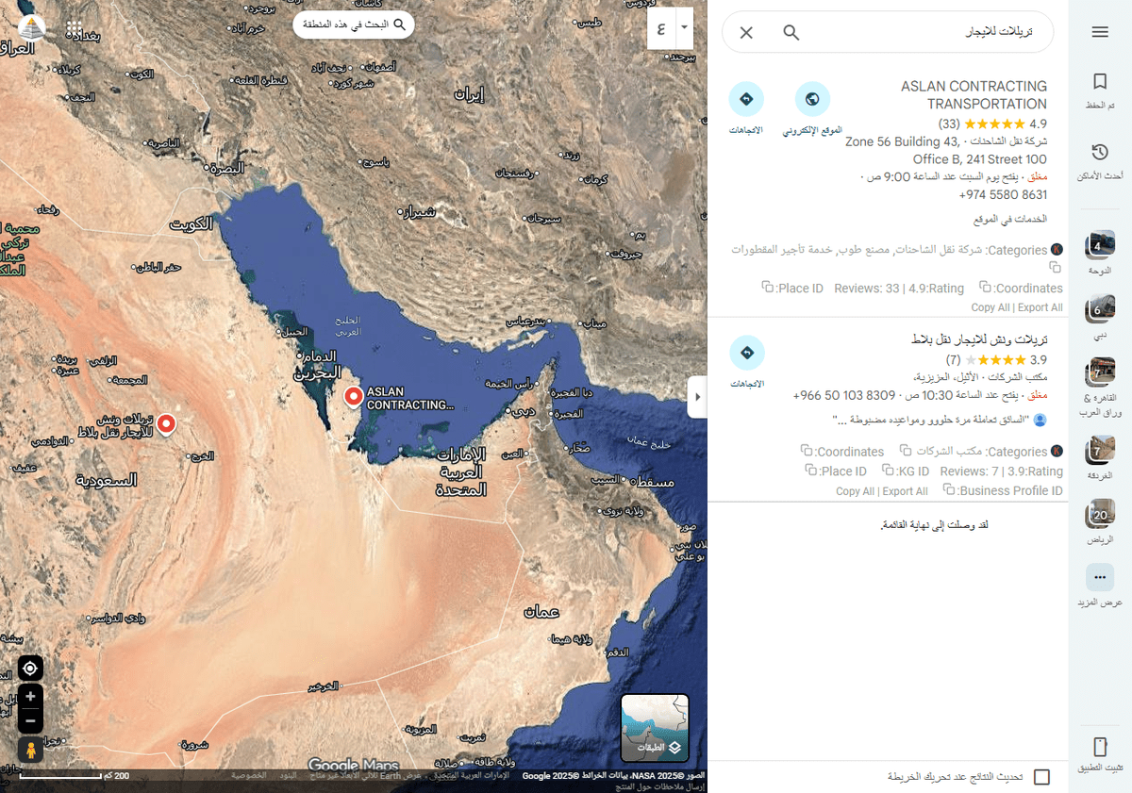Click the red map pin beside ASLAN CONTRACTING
(x=354, y=397)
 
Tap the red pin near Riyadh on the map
(x=167, y=424)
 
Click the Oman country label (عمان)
(x=541, y=612)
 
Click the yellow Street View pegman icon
(x=30, y=750)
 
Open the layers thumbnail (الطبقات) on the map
(x=655, y=727)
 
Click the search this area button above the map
(x=354, y=25)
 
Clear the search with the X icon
(x=746, y=33)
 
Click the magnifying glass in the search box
(x=791, y=33)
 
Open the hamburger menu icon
(x=1099, y=32)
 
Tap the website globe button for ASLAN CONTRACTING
(x=812, y=99)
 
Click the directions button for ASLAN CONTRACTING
(x=746, y=99)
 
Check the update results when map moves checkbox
(x=1041, y=777)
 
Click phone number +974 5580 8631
(x=1003, y=195)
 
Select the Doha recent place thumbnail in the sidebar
(x=1099, y=246)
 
